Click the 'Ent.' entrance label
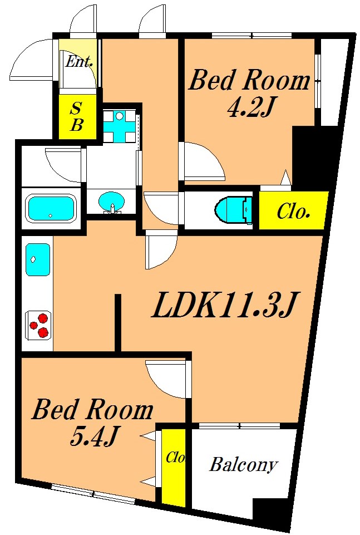(x=79, y=62)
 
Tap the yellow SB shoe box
(x=77, y=116)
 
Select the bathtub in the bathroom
(x=51, y=208)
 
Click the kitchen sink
(x=38, y=259)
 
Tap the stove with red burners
(x=38, y=325)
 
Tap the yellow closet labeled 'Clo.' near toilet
(x=293, y=210)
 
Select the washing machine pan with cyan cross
(x=120, y=126)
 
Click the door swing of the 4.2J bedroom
(x=204, y=161)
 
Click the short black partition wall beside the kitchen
(x=118, y=323)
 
